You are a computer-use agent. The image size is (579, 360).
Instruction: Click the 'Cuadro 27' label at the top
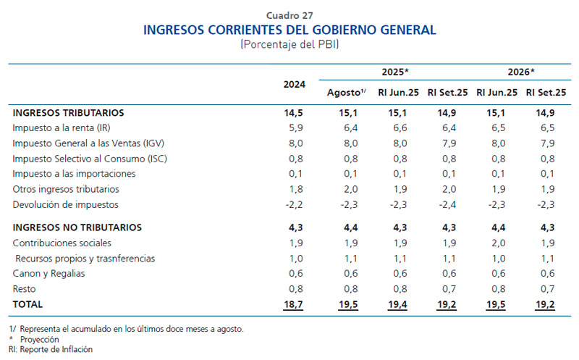coord(289,14)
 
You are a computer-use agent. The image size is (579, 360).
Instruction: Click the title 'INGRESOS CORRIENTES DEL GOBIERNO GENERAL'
coord(289,30)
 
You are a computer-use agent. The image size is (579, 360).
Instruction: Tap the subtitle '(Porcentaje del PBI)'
coord(289,44)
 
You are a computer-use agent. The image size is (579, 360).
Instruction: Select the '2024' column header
coord(294,83)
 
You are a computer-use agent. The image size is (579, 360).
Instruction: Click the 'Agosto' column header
coord(346,93)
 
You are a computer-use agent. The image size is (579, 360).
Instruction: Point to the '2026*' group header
coord(521,72)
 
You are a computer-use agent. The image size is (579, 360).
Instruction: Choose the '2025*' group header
coord(396,72)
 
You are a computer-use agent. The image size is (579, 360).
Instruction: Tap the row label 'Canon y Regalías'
coord(48,273)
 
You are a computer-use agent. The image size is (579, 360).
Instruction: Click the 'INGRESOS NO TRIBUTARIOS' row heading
coord(77,227)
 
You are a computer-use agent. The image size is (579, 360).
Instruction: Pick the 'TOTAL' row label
coord(28,304)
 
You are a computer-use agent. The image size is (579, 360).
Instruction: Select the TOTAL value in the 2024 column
coord(294,304)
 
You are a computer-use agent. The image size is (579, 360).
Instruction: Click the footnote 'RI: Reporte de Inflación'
coord(51,349)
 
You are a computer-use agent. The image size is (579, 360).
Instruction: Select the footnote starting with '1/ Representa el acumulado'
coord(127,329)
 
